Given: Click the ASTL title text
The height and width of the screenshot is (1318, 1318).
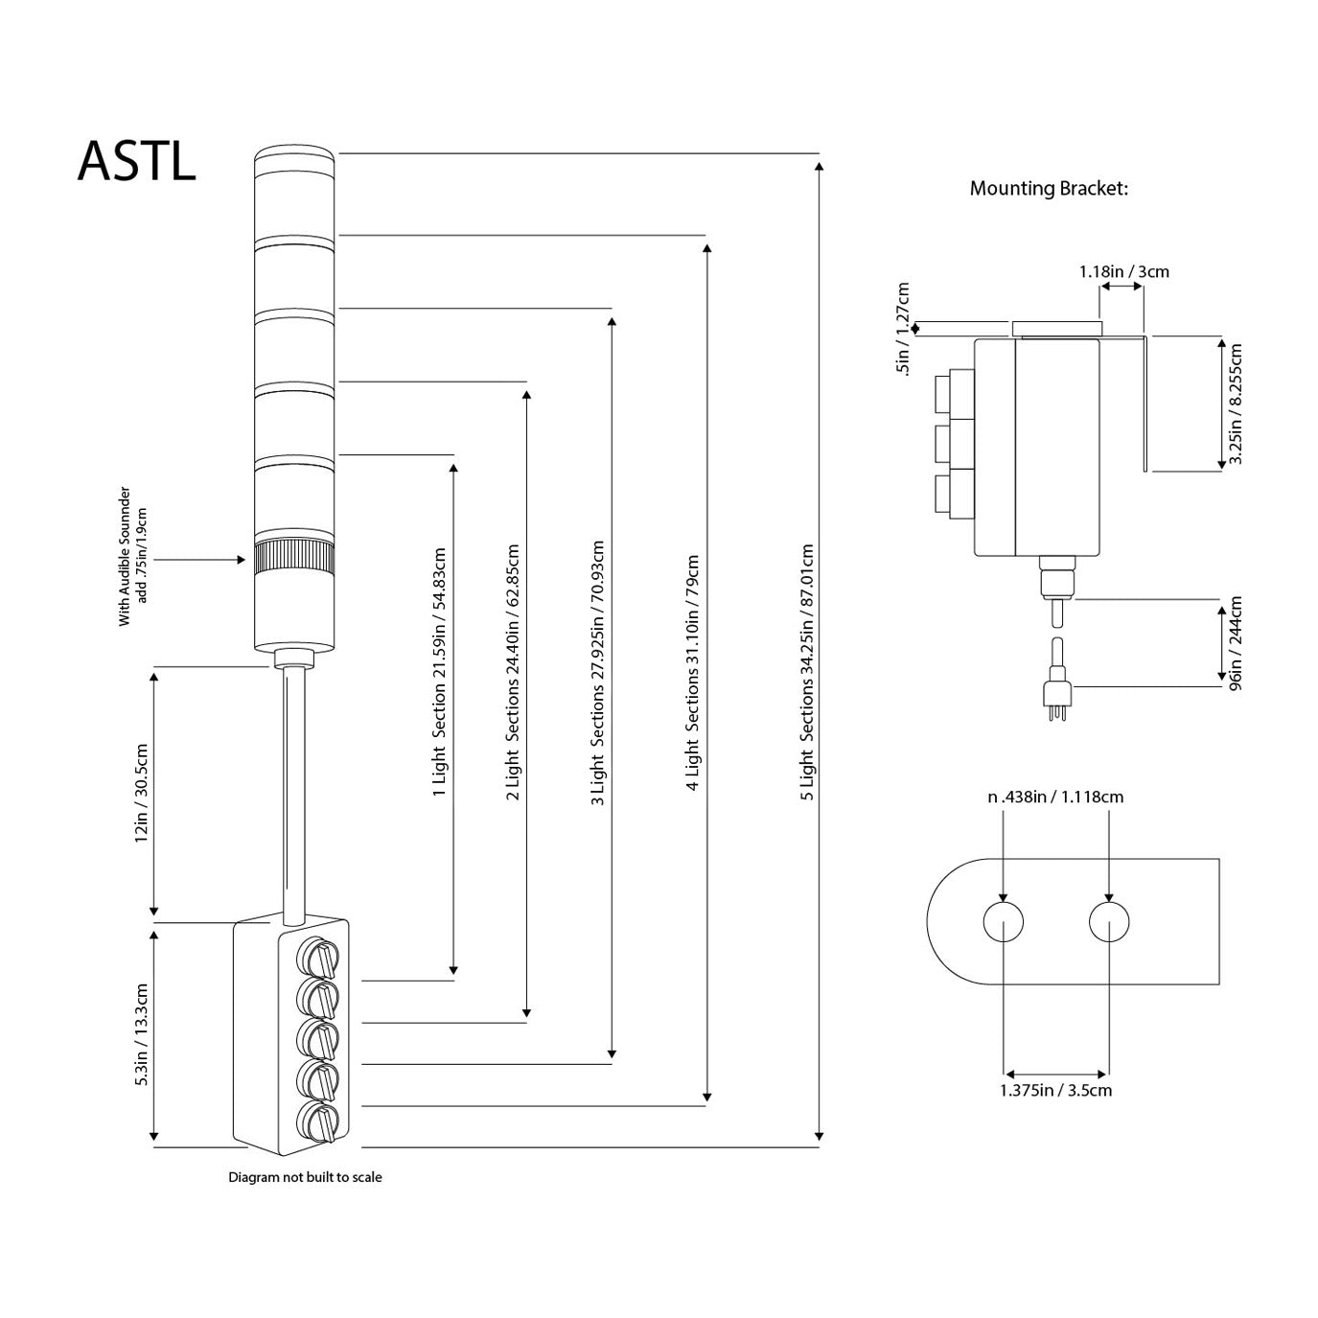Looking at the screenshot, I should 136,161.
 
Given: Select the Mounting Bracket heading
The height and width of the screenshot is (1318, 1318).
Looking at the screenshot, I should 1049,188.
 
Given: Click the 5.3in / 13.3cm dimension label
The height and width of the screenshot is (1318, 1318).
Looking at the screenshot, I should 142,1034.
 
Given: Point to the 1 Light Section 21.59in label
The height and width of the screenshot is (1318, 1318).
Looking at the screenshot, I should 440,672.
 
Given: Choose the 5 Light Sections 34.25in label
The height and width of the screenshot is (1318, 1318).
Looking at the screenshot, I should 807,672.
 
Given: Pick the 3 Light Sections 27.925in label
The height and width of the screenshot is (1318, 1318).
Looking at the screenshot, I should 597,672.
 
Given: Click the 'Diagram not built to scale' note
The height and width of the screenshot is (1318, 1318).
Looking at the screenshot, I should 305,1177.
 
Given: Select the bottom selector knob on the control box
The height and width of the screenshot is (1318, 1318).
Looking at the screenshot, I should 319,1121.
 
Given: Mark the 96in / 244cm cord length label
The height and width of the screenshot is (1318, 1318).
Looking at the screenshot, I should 1235,643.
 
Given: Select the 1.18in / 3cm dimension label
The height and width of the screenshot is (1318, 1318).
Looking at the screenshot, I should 1123,271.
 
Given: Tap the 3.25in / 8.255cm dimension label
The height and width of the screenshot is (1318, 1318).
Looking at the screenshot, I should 1236,404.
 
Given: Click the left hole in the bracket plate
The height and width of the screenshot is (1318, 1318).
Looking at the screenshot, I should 1003,922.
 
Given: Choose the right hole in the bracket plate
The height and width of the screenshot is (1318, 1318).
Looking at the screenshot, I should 1109,922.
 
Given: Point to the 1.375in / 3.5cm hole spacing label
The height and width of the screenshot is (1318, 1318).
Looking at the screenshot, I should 1055,1090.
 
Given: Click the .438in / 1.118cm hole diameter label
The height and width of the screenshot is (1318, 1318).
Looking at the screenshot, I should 1055,797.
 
